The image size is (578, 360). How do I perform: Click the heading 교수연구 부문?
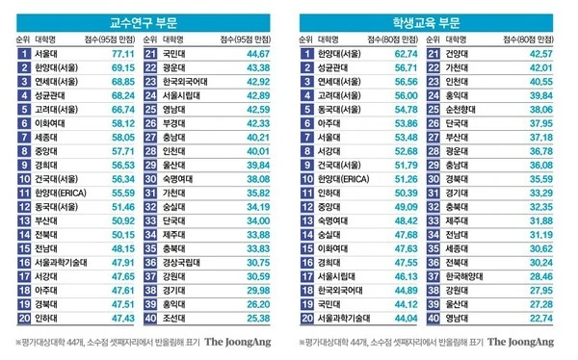(x=144, y=19)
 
